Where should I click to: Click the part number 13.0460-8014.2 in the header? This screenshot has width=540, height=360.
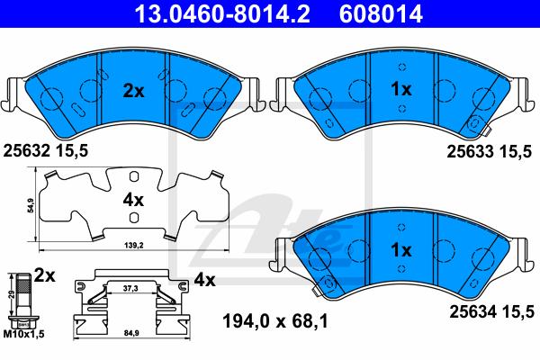point(222,13)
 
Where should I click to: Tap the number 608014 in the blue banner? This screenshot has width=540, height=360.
point(381,13)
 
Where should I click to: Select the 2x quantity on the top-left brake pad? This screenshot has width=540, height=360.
point(133,91)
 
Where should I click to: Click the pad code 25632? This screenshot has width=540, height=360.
point(26,151)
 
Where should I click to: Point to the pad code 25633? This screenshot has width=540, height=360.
point(470,151)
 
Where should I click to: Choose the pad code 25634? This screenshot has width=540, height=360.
point(472,312)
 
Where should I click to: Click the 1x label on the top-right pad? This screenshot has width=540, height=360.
point(401,89)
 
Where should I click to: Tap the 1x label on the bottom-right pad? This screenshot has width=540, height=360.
point(401,250)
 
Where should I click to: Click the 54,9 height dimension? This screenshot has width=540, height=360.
point(31,206)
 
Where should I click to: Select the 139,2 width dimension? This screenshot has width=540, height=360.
point(133,246)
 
